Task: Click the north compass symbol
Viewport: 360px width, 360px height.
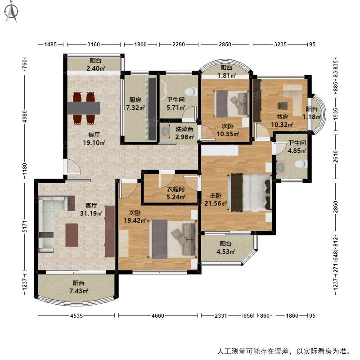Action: click(12, 12)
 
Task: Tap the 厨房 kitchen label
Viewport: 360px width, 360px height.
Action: click(135, 100)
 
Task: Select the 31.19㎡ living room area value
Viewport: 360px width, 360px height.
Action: click(91, 213)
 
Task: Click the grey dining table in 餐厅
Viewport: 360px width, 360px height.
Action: click(84, 108)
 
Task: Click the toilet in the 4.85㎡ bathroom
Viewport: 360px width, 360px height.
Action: click(301, 164)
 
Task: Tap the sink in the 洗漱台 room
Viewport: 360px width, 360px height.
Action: click(165, 131)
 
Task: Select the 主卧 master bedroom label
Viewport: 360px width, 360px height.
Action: click(216, 196)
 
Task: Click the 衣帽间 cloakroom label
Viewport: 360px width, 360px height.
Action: click(175, 189)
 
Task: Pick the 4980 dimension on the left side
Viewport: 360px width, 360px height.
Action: click(25, 117)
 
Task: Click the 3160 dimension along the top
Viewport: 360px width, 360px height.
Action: click(94, 44)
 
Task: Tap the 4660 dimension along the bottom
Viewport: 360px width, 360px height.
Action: click(158, 316)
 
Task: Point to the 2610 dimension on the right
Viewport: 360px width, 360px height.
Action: click(336, 157)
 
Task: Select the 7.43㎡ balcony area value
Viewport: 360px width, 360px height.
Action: click(79, 291)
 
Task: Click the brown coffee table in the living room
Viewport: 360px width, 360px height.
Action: click(72, 235)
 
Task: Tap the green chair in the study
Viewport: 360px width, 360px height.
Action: click(283, 106)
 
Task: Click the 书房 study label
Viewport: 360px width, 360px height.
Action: click(282, 117)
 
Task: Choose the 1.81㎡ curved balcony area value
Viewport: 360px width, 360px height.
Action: click(227, 75)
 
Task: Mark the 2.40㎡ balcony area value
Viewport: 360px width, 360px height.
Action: click(96, 68)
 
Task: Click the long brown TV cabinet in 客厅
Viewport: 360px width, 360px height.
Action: click(110, 231)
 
